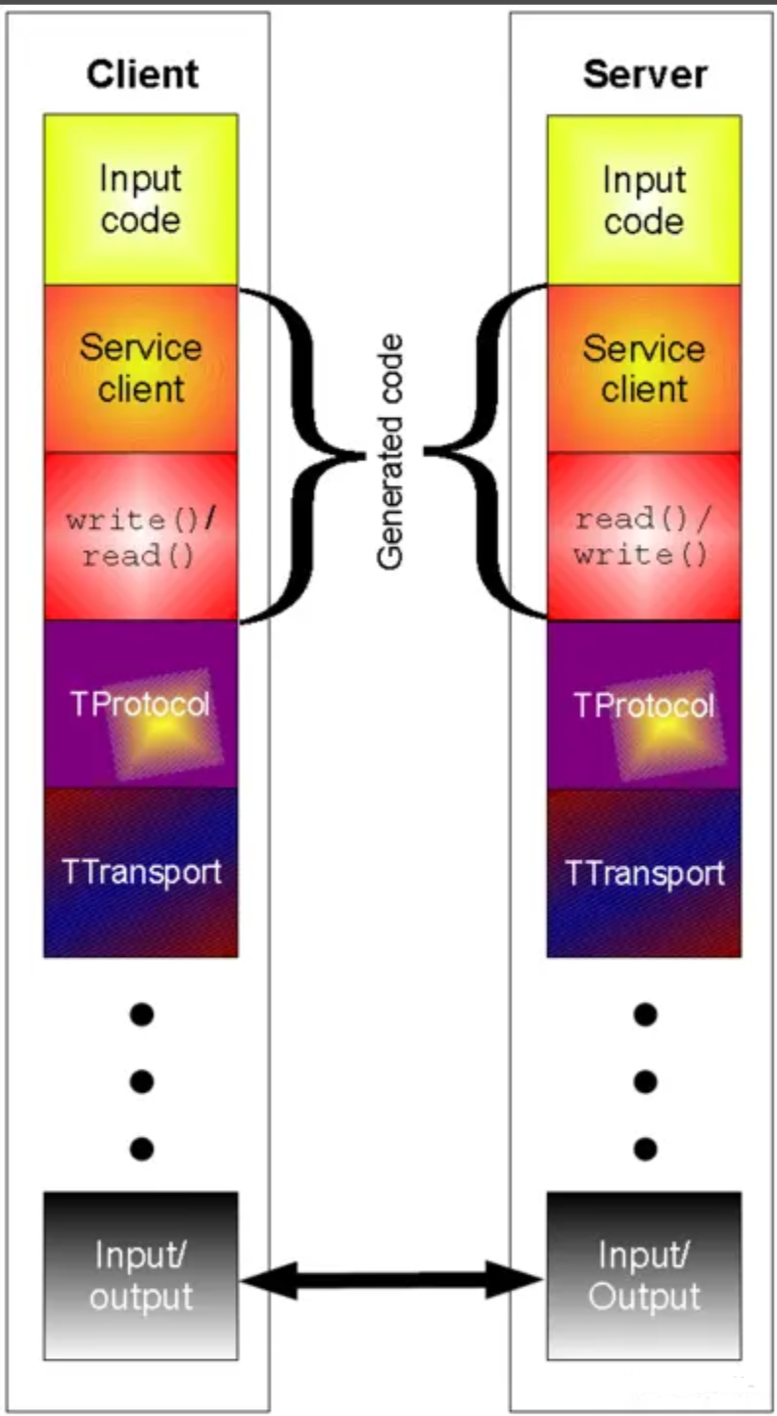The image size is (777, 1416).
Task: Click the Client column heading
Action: pos(142,74)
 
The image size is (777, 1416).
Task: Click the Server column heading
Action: pos(645,74)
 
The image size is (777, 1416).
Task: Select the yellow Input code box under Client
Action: pos(141,200)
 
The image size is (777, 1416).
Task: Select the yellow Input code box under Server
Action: pos(644,200)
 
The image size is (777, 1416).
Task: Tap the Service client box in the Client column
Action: pos(141,369)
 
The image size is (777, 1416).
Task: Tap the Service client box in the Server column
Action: pos(644,369)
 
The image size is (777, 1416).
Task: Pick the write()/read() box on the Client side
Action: pos(141,536)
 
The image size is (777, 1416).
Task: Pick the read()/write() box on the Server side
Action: pos(644,536)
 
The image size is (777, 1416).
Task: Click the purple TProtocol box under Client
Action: pos(141,705)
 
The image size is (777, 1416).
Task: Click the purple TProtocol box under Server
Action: pos(644,705)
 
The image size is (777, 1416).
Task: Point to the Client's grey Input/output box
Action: pos(141,1275)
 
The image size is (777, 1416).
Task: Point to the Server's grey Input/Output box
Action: pos(644,1275)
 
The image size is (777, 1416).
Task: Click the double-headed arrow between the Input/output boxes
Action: pos(392,1279)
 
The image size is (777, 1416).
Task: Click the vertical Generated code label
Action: pos(391,453)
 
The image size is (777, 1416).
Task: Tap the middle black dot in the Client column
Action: pos(142,1081)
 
